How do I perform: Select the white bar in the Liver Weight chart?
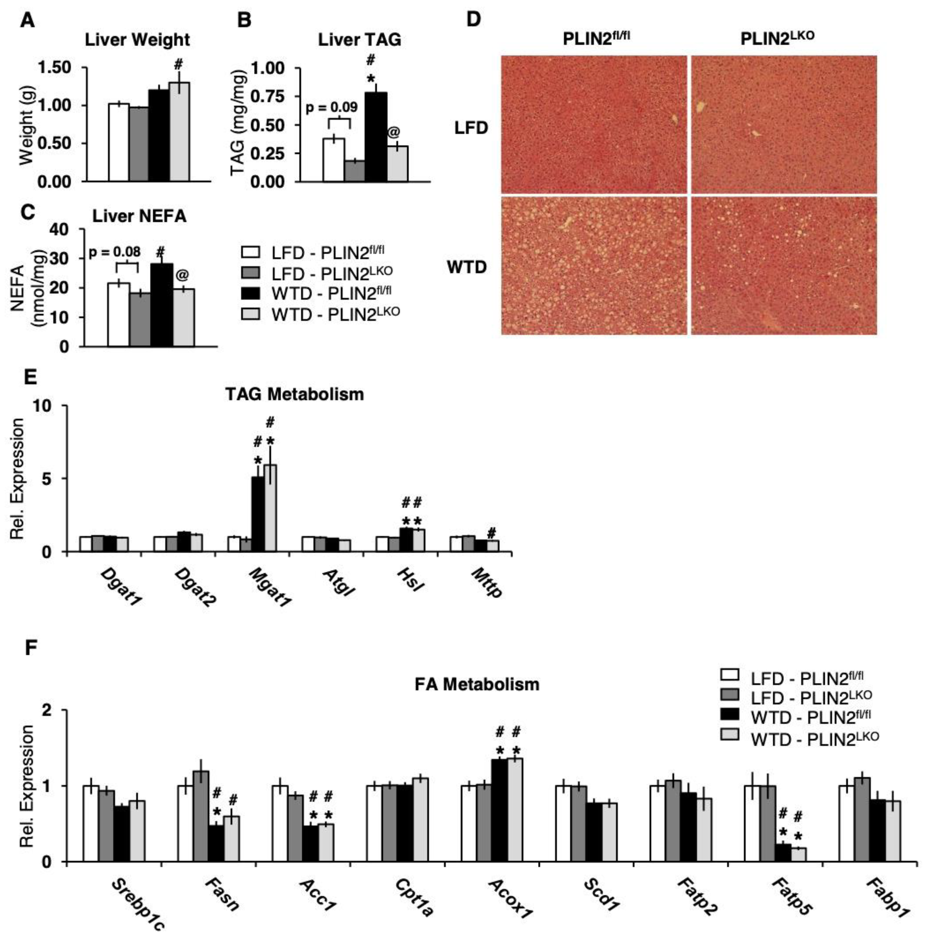(119, 143)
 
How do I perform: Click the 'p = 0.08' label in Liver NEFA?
(115, 252)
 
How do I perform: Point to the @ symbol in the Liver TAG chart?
(394, 132)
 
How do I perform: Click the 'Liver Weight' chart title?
(137, 40)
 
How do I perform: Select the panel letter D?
(473, 19)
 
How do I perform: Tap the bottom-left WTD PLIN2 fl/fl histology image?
(594, 265)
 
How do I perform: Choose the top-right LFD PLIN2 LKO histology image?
(784, 124)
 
